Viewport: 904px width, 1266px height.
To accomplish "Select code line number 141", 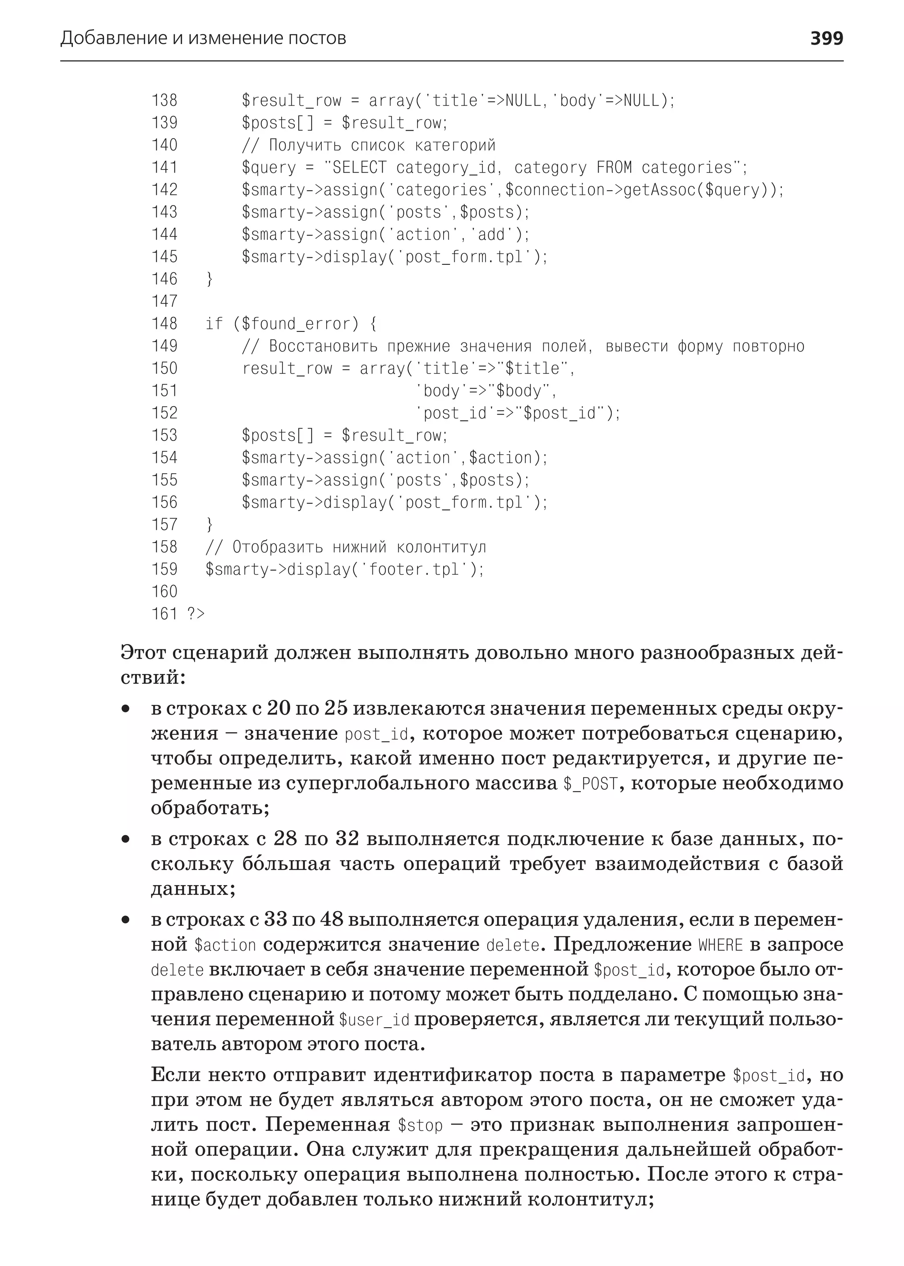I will [164, 168].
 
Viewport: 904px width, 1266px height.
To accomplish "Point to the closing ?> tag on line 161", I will [196, 614].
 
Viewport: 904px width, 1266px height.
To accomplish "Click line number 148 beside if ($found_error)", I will [164, 324].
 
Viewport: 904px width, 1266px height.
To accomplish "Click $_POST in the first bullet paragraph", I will [590, 784].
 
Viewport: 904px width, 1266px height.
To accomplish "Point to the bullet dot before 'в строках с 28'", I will [126, 839].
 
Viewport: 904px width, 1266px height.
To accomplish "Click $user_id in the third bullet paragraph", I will [374, 1020].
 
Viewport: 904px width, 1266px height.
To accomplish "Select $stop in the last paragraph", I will [420, 1126].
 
